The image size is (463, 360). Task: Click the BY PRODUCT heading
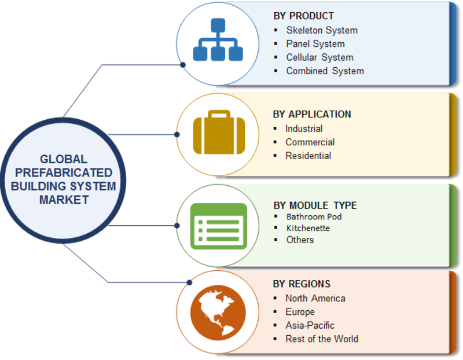[x=303, y=16]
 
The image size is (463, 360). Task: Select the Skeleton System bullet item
[x=322, y=30]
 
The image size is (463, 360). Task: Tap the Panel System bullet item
[x=315, y=44]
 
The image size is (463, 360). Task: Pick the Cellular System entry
[x=319, y=57]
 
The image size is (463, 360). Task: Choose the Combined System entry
[x=325, y=71]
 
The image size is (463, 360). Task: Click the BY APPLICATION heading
[x=312, y=115]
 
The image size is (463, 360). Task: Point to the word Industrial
[x=304, y=128]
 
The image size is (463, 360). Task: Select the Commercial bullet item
[x=310, y=142]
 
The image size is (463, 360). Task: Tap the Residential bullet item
[x=308, y=156]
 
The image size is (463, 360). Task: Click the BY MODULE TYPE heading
[x=315, y=205]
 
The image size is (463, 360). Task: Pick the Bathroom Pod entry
[x=314, y=217]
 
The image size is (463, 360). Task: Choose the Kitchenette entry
[x=308, y=229]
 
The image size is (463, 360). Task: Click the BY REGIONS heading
[x=302, y=284]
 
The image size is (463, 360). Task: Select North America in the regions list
[x=315, y=299]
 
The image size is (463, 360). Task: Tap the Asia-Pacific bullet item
[x=310, y=325]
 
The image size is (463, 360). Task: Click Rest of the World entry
[x=321, y=339]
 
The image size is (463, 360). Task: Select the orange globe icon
[x=217, y=313]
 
